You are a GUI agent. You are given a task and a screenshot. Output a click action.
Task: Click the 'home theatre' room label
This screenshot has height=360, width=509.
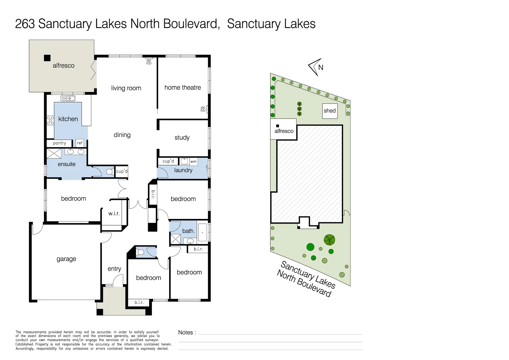pyautogui.click(x=183, y=88)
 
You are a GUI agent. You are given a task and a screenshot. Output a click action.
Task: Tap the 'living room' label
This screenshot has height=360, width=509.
pyautogui.click(x=126, y=88)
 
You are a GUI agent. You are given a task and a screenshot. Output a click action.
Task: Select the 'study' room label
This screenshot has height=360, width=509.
pyautogui.click(x=182, y=138)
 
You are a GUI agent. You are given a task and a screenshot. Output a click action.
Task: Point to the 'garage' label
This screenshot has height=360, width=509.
pyautogui.click(x=66, y=259)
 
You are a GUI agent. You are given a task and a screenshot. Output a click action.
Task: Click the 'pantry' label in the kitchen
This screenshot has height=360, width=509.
pyautogui.click(x=60, y=143)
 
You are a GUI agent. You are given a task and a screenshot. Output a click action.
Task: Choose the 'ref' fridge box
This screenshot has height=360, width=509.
pyautogui.click(x=80, y=143)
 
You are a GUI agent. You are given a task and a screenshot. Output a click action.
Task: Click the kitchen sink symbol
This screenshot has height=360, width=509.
pyautogui.click(x=68, y=98)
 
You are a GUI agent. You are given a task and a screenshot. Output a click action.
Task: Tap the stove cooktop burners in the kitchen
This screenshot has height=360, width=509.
pyautogui.click(x=50, y=120)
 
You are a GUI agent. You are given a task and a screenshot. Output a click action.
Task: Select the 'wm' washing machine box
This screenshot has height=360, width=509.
pyautogui.click(x=194, y=162)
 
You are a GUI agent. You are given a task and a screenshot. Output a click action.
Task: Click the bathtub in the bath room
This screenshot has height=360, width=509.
pyautogui.click(x=202, y=232)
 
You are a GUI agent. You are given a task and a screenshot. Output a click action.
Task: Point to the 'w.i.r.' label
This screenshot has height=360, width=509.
pyautogui.click(x=114, y=214)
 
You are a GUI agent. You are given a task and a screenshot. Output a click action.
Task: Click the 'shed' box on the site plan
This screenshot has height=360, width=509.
pyautogui.click(x=330, y=111)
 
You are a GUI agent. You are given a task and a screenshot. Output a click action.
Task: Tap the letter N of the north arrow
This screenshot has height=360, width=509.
pyautogui.click(x=321, y=67)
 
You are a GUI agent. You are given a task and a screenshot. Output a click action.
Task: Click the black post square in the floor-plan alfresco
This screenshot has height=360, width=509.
pyautogui.click(x=47, y=58)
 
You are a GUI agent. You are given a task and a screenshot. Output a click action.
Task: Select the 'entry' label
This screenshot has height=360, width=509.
pyautogui.click(x=114, y=269)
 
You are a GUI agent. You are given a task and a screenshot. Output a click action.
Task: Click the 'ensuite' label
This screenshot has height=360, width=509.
pyautogui.click(x=67, y=164)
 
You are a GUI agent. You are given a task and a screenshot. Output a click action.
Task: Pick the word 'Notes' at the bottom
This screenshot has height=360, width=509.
pyautogui.click(x=186, y=333)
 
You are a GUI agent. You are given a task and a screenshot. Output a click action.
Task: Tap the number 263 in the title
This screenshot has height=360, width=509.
pyautogui.click(x=25, y=24)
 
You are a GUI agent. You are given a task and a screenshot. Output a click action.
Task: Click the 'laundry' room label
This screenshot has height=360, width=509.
pyautogui.click(x=183, y=170)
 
